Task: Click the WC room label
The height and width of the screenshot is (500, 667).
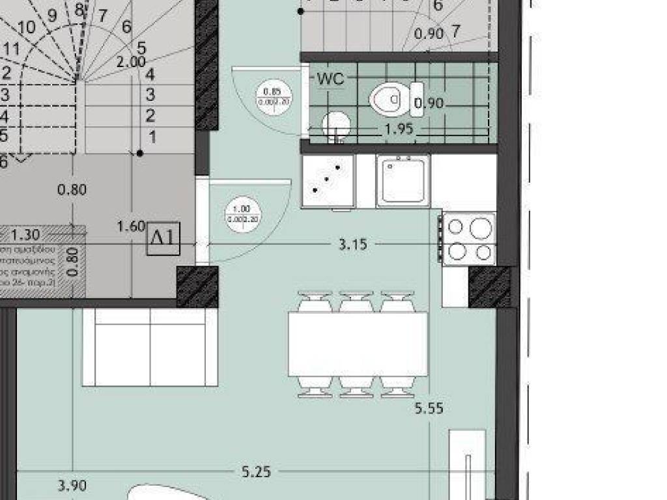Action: click(330, 79)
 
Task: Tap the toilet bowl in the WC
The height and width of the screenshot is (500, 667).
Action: click(388, 100)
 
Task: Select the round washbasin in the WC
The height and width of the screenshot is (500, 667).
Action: click(335, 122)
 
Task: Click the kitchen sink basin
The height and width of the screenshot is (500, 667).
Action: click(403, 180)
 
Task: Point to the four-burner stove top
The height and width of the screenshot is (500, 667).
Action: click(469, 239)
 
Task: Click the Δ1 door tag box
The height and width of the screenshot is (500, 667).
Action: click(163, 238)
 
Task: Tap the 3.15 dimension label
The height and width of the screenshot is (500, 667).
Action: click(353, 245)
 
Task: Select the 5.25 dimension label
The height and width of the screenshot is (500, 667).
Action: click(256, 472)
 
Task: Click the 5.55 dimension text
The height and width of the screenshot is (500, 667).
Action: click(429, 408)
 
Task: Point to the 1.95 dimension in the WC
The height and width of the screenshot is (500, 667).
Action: click(399, 129)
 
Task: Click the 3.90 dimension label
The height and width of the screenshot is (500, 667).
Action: click(72, 485)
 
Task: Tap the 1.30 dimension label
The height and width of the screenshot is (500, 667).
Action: click(25, 234)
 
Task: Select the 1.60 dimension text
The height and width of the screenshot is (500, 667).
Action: click(130, 227)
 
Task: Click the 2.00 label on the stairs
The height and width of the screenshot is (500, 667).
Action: click(131, 62)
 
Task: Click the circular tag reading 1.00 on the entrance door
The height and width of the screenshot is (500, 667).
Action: click(241, 214)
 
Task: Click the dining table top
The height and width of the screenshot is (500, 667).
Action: click(358, 344)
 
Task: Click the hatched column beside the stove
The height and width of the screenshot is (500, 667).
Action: click(489, 286)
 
